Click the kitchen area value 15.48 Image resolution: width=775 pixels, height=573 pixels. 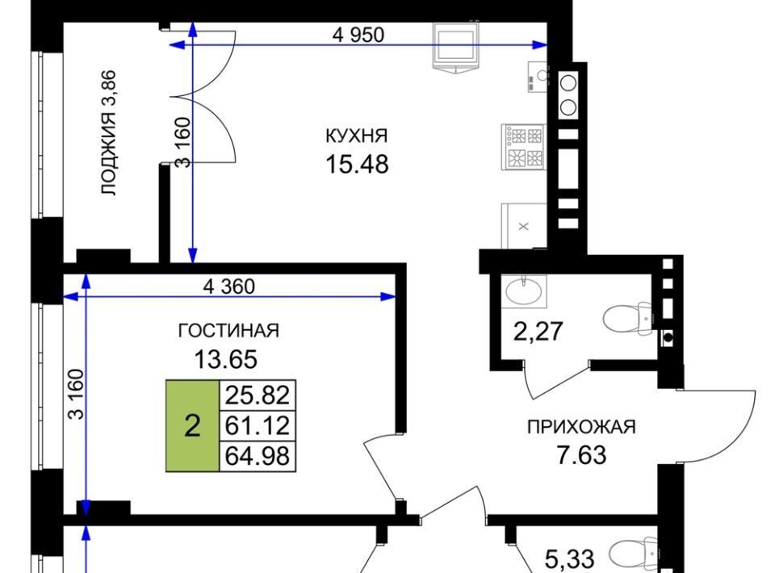click(357, 164)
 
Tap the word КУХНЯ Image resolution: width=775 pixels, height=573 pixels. click(356, 136)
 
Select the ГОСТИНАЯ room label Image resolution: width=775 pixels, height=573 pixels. click(228, 330)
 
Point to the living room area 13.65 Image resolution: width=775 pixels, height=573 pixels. click(226, 359)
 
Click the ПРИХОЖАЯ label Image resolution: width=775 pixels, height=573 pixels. click(581, 427)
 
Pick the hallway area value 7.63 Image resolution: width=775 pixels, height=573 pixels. click(582, 455)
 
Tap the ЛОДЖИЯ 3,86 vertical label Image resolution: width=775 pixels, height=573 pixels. click(108, 133)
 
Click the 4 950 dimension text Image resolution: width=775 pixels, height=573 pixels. click(358, 35)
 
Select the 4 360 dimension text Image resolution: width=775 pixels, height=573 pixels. click(229, 286)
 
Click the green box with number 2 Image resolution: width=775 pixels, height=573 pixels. click(192, 426)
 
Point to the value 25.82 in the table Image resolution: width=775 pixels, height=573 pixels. click(258, 395)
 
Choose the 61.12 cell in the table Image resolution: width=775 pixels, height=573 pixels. click(258, 426)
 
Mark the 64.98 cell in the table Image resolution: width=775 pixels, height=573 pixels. click(258, 456)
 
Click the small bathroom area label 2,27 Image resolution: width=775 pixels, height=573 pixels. click(538, 331)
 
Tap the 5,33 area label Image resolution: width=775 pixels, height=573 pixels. click(569, 559)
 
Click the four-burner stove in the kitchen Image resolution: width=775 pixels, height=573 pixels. click(523, 147)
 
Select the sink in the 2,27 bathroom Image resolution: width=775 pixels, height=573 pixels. click(524, 291)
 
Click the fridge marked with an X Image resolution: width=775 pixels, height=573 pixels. click(524, 226)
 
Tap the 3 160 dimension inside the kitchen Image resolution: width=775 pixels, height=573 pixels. click(183, 142)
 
